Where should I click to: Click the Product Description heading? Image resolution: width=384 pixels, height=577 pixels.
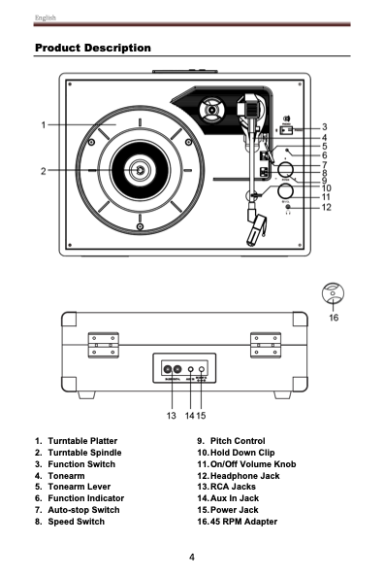[92, 48]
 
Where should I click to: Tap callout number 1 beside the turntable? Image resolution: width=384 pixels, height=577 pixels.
[44, 124]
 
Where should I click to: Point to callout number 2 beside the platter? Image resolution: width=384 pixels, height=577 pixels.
[44, 171]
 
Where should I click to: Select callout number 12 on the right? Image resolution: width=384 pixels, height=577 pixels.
[327, 207]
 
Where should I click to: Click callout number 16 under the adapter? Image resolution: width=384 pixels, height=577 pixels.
[334, 318]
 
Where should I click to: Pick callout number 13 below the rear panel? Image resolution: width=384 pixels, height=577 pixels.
[171, 415]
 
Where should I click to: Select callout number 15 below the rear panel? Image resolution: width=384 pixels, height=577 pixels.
[202, 415]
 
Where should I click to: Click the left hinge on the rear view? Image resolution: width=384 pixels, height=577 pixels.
[104, 344]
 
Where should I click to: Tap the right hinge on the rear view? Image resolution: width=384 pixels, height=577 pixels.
[266, 344]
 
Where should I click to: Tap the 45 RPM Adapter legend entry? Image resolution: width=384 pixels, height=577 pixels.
[243, 523]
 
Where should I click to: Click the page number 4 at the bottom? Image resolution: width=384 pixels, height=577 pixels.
[192, 557]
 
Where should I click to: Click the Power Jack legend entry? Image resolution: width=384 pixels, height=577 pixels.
[234, 509]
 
